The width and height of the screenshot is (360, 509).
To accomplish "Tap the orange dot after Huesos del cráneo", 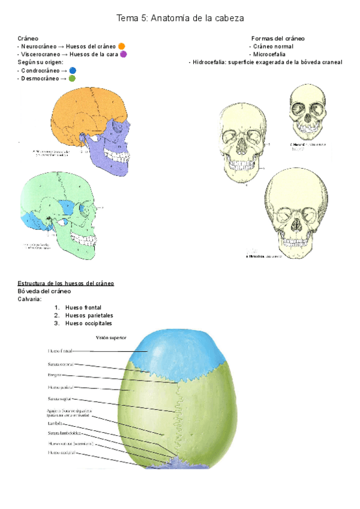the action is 122,46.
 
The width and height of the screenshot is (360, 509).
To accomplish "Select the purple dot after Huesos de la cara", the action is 123,54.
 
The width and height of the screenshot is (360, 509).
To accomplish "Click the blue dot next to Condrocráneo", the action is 73,70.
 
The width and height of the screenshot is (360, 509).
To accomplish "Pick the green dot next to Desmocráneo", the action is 72,78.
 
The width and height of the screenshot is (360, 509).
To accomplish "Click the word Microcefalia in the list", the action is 269,54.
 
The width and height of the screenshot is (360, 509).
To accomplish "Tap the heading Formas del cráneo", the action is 278,38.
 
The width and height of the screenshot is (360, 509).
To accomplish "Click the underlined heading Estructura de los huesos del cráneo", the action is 66,283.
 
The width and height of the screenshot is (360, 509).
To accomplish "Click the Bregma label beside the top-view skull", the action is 56,375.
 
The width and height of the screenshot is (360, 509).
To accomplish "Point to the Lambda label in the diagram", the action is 55,423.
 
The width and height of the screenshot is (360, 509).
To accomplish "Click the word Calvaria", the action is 29,299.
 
